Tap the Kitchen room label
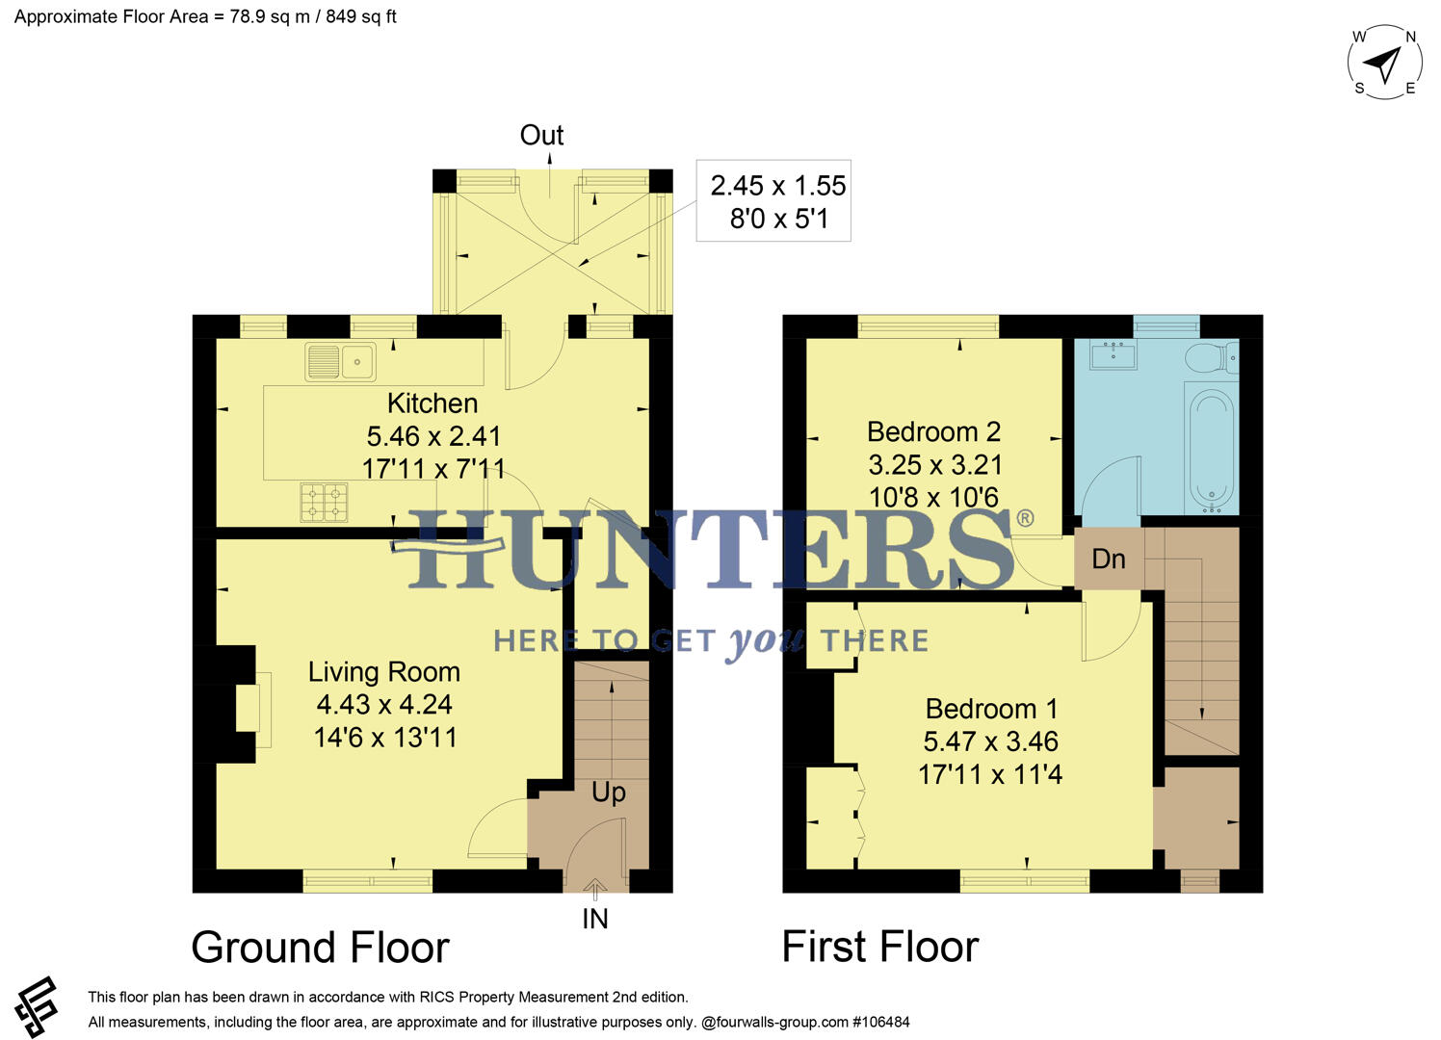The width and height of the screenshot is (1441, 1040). pyautogui.click(x=432, y=403)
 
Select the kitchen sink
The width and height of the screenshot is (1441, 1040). pyautogui.click(x=340, y=362)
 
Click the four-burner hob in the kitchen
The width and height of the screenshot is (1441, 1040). pyautogui.click(x=324, y=502)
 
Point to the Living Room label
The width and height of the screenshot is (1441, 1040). pyautogui.click(x=383, y=672)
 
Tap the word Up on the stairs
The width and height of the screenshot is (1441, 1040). pyautogui.click(x=608, y=793)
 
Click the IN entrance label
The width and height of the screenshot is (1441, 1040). pyautogui.click(x=595, y=920)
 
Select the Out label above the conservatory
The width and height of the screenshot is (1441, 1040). pyautogui.click(x=541, y=136)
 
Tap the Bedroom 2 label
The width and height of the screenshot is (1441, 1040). pyautogui.click(x=933, y=432)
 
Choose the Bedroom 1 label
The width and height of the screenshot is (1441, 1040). pyautogui.click(x=991, y=710)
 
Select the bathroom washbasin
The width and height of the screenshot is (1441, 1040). pyautogui.click(x=1113, y=354)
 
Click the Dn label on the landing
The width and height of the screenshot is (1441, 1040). pyautogui.click(x=1109, y=559)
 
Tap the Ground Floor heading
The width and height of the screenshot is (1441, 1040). pyautogui.click(x=320, y=948)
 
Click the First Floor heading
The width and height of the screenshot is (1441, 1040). pyautogui.click(x=879, y=947)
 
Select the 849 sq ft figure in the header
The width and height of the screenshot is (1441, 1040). pyautogui.click(x=361, y=17)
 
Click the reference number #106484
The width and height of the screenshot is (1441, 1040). pyautogui.click(x=880, y=1022)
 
